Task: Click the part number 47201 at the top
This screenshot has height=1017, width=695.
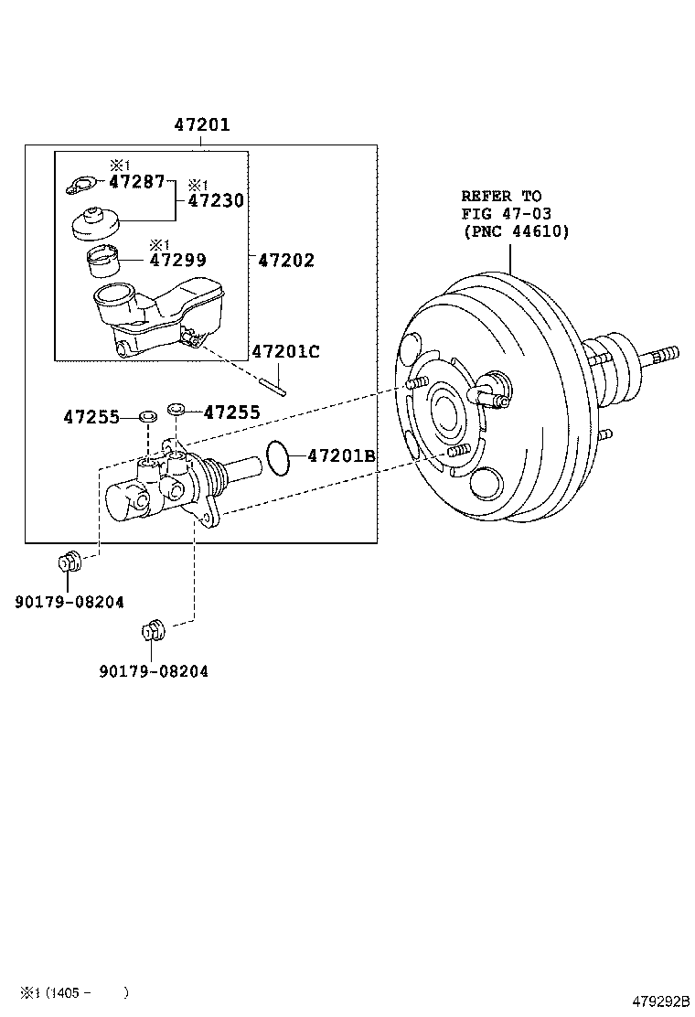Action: coord(202,125)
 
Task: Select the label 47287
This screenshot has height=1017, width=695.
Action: coord(136,181)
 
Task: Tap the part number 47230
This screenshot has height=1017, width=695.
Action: coord(216,200)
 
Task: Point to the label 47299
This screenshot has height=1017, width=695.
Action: coord(177,261)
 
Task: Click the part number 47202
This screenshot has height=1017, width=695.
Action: coord(285,261)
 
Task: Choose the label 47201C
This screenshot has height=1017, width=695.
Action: coord(285,351)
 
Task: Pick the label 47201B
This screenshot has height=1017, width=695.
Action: coord(341,455)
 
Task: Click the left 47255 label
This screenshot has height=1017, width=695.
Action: coord(91,417)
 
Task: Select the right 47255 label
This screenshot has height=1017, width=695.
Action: coord(231,412)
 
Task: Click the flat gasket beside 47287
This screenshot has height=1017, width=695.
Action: coord(80,186)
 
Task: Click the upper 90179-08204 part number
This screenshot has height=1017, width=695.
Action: coord(69,601)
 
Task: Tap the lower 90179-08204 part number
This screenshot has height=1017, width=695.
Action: coord(154,671)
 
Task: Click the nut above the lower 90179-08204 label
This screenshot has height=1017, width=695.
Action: coord(153,630)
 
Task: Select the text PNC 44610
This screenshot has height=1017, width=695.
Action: coord(516,231)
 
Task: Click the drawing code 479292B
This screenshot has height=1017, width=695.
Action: coord(659,1003)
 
